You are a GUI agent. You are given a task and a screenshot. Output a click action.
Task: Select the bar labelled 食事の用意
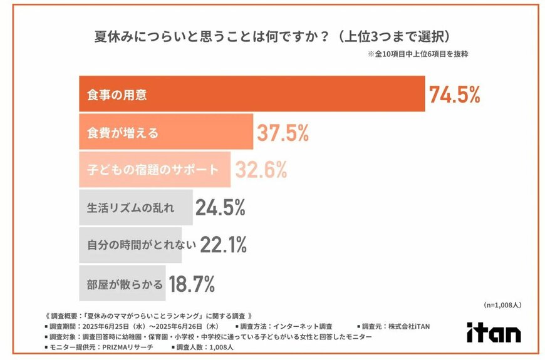pos(251,94)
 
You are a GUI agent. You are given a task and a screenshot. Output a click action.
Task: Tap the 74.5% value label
pos(455,94)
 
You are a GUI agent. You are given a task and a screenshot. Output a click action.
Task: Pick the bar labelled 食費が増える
pos(165,131)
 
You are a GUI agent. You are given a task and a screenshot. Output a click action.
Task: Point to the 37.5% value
pos(283,132)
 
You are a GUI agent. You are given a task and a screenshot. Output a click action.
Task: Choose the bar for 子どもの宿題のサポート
pos(154,169)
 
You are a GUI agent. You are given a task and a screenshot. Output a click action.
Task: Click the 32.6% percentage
pos(261,169)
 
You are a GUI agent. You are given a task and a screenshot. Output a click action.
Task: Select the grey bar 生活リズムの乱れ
pos(135,207)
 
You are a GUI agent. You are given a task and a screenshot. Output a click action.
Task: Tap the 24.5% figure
pos(220,207)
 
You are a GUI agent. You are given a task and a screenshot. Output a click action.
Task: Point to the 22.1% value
pos(224,245)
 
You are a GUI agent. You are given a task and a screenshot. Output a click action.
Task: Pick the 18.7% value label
pos(192,282)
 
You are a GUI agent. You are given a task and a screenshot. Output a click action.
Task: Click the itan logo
pos(494,332)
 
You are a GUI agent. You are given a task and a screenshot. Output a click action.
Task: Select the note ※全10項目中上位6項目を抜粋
pos(418,54)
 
